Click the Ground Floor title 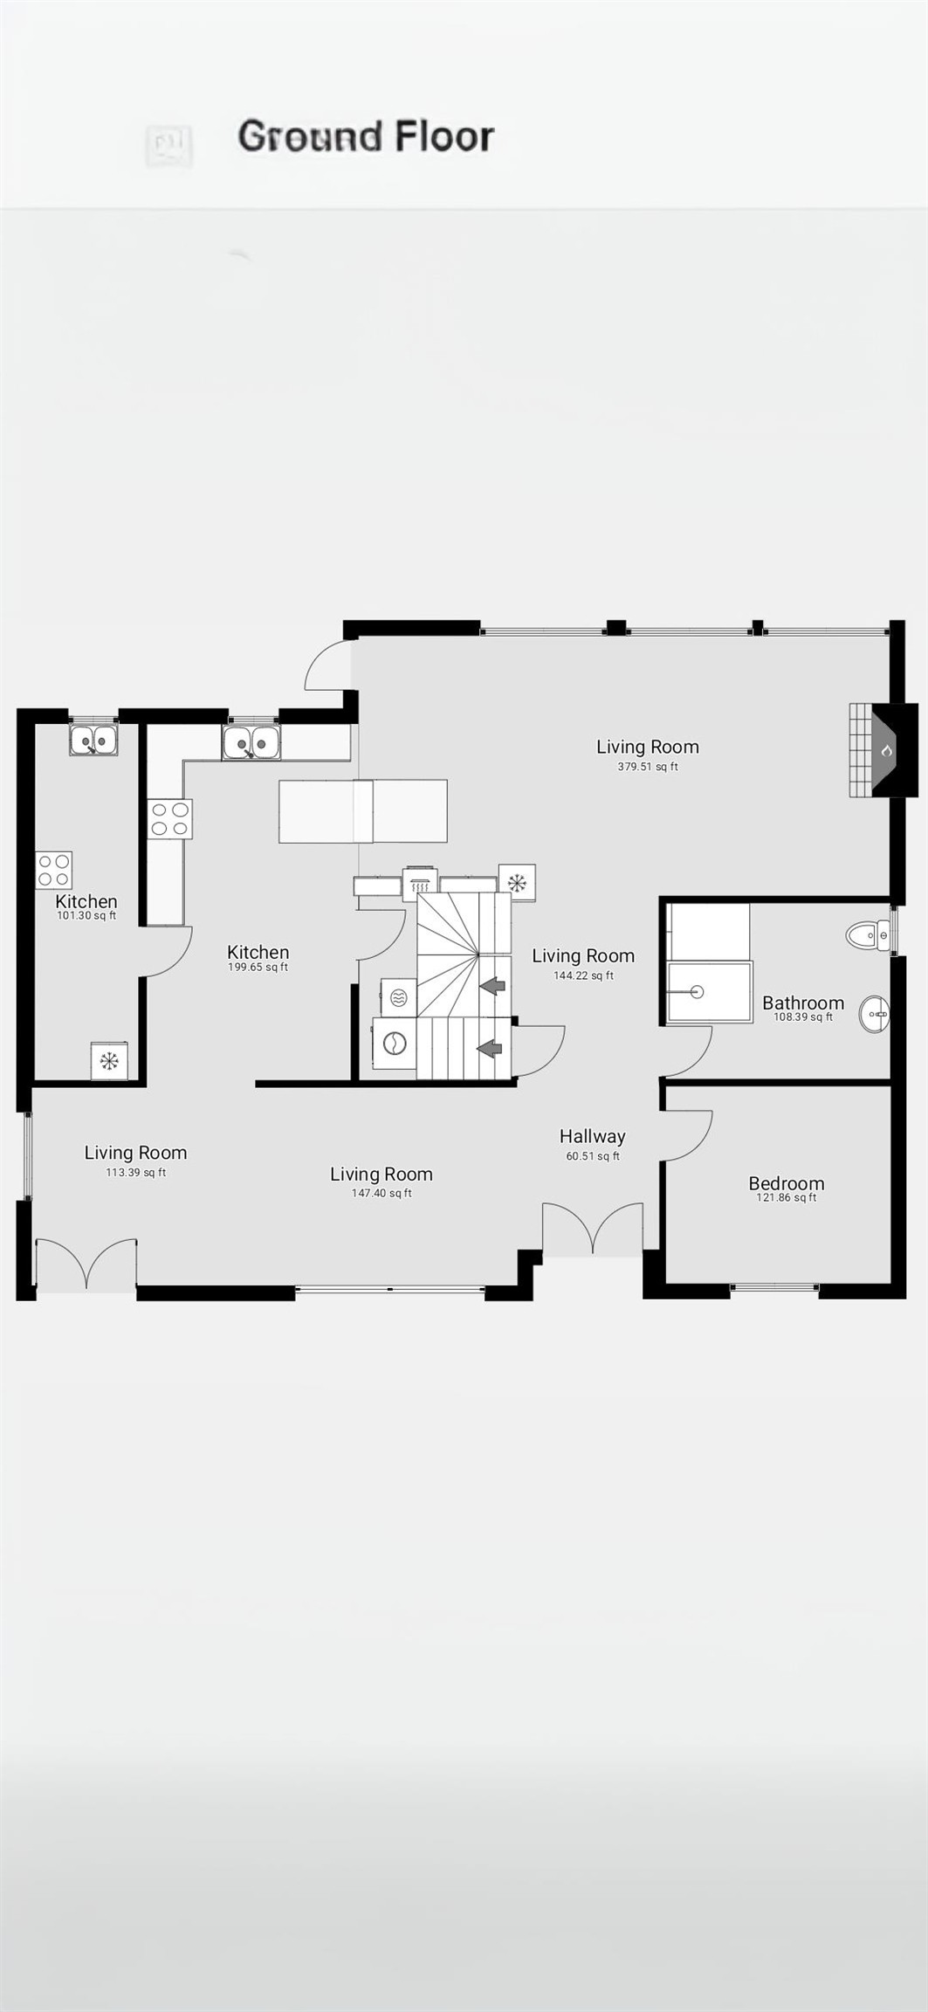click(x=366, y=137)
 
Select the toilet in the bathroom click(x=869, y=936)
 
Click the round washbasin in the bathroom click(x=874, y=1015)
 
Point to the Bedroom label click(x=786, y=1183)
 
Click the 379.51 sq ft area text click(x=647, y=767)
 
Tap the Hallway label click(x=592, y=1136)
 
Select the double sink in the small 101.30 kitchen click(x=93, y=741)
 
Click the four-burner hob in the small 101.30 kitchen click(x=53, y=870)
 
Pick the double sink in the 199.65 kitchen click(x=251, y=744)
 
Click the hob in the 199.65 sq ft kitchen click(x=169, y=819)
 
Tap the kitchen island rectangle click(x=362, y=811)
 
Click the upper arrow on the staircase click(x=492, y=986)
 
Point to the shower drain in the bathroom click(x=697, y=991)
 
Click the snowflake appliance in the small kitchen click(x=109, y=1061)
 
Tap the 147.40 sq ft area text click(x=382, y=1193)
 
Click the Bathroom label click(x=802, y=1003)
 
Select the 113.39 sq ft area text click(x=135, y=1172)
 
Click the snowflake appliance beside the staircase click(x=517, y=882)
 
